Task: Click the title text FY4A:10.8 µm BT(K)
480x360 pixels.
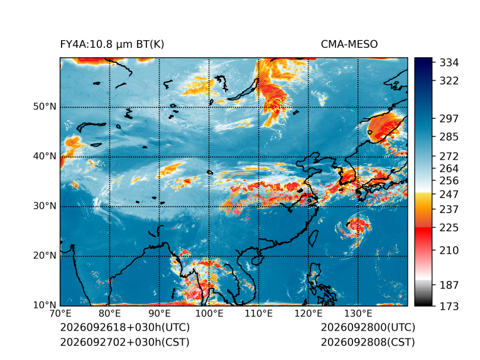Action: (x=112, y=45)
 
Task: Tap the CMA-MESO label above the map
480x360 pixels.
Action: (x=349, y=45)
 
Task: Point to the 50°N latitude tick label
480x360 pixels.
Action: (x=45, y=107)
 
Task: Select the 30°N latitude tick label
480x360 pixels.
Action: (x=45, y=206)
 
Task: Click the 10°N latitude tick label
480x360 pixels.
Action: (x=45, y=305)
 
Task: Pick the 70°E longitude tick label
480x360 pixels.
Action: (x=60, y=314)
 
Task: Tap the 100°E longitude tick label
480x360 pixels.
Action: (x=209, y=314)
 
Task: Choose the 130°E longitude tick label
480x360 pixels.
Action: (x=358, y=314)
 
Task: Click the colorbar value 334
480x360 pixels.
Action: (x=449, y=63)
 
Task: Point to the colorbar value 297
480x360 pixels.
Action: (x=449, y=119)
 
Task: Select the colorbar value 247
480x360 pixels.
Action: (x=449, y=194)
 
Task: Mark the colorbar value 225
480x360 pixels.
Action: (x=449, y=228)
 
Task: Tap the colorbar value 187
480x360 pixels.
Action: (x=449, y=285)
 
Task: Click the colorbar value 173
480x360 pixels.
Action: (x=449, y=306)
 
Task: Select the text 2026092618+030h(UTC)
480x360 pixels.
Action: (x=125, y=327)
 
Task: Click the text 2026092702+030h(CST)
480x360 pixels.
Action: (x=124, y=342)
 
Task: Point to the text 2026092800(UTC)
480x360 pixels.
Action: (x=368, y=327)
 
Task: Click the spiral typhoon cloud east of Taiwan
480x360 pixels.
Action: (x=355, y=227)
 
